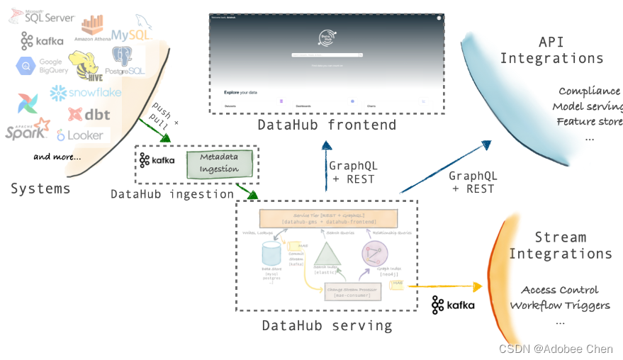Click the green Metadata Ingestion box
[x=219, y=163]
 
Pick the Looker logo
[x=80, y=135]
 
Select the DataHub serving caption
[x=327, y=325]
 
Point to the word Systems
[x=40, y=189]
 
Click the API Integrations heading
[x=551, y=50]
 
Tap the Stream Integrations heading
[x=561, y=245]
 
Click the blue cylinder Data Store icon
[x=270, y=254]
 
